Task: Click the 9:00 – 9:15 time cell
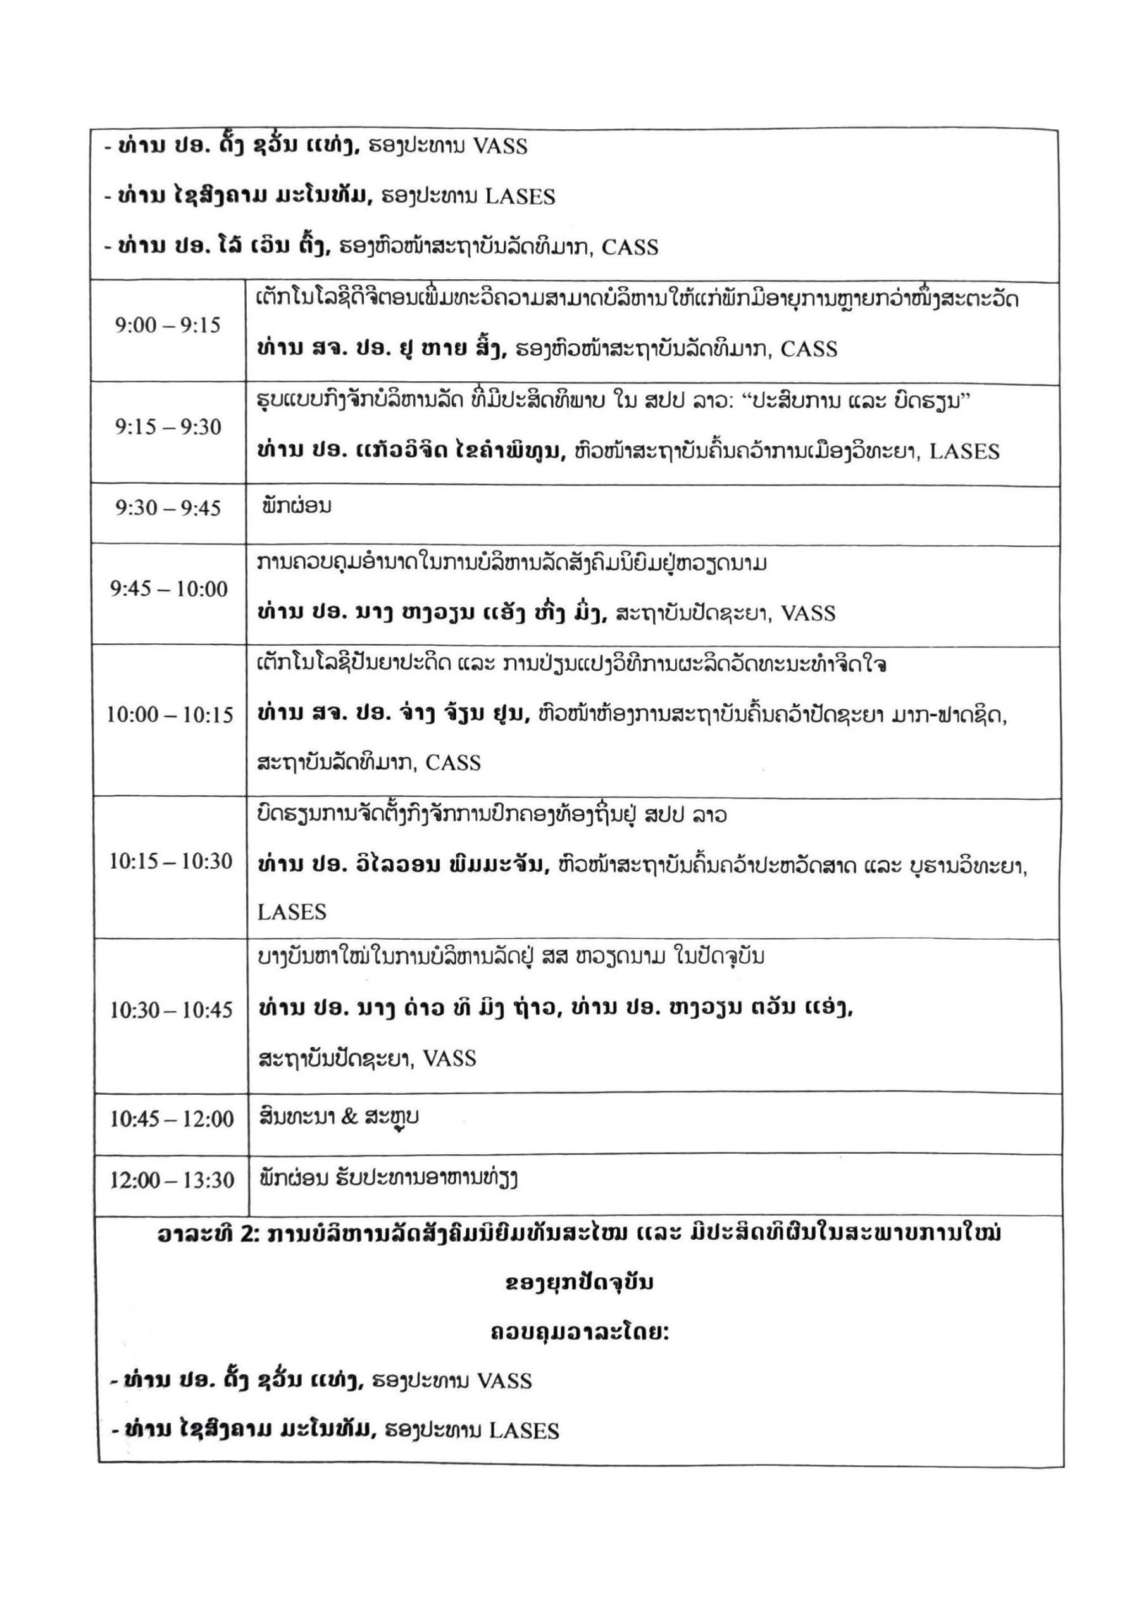pos(168,325)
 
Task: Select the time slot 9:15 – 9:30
pos(168,427)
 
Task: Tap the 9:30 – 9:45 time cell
pos(168,508)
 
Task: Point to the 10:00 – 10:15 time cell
pos(170,715)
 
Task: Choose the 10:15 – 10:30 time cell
pos(170,861)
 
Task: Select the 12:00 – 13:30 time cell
pos(171,1180)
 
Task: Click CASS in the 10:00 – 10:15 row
pos(453,763)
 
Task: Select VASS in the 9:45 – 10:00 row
pos(808,614)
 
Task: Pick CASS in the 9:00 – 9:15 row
pos(809,350)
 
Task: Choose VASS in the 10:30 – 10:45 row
pos(449,1058)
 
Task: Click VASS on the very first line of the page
pos(500,146)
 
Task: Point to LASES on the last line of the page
pos(523,1431)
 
